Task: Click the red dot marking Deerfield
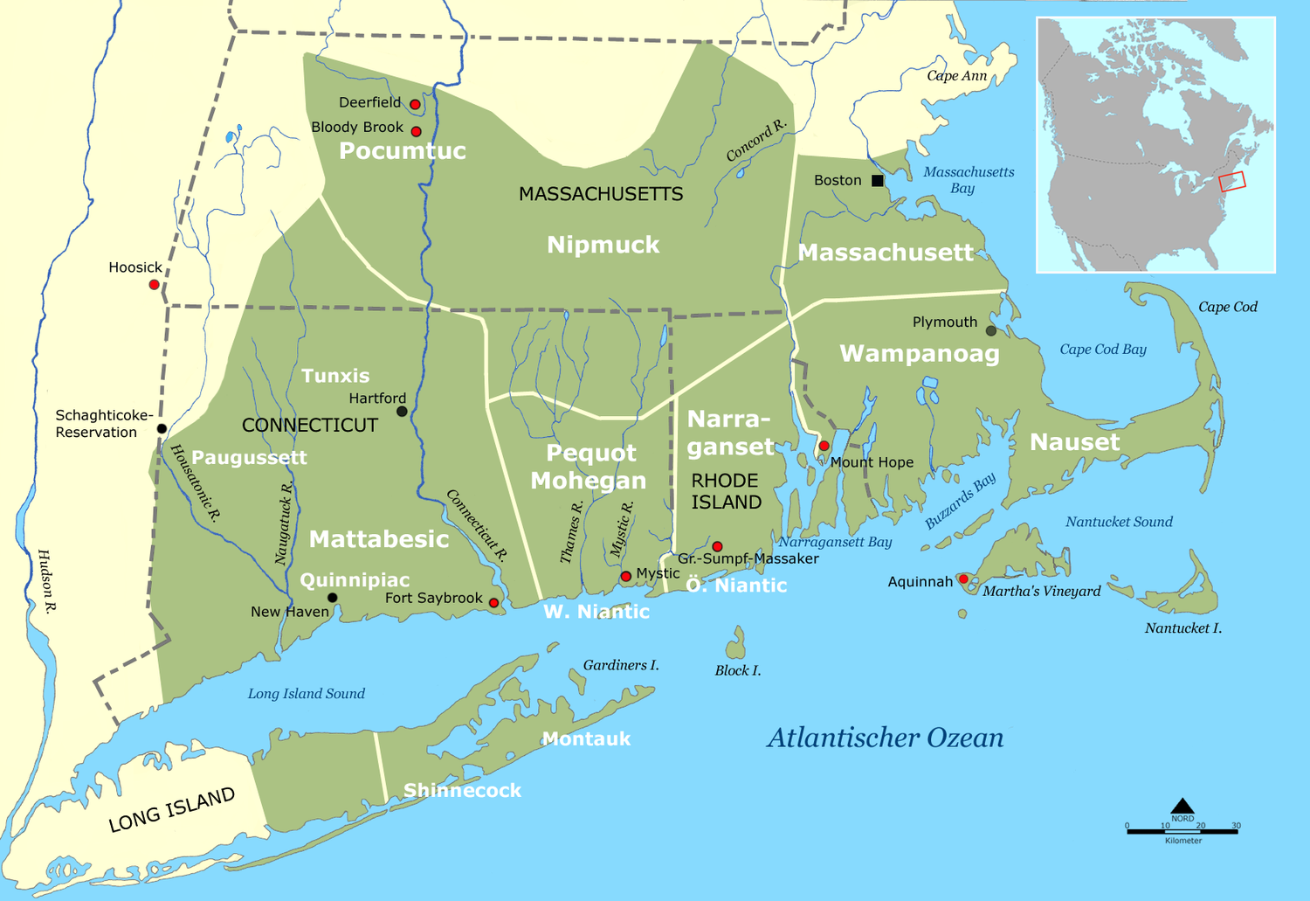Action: tap(415, 104)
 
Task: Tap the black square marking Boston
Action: tap(878, 181)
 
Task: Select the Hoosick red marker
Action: tap(155, 285)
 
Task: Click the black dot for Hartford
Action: tap(402, 411)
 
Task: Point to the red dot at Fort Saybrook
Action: tap(493, 603)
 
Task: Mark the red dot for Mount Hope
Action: tap(824, 447)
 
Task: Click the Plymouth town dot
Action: tap(990, 331)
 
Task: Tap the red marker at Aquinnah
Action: tap(963, 579)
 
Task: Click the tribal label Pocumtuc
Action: tap(402, 151)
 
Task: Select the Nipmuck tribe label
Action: tap(603, 246)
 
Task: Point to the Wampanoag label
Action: tap(919, 354)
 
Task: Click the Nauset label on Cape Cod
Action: tap(1074, 442)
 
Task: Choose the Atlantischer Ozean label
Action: tap(885, 738)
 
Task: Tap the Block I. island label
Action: tap(738, 670)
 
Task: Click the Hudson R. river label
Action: tap(46, 581)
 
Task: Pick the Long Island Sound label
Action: tap(306, 694)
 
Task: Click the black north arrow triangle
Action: tap(1182, 806)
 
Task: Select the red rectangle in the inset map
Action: tap(1232, 181)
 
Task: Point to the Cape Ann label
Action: tap(956, 76)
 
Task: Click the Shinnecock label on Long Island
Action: tap(462, 791)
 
